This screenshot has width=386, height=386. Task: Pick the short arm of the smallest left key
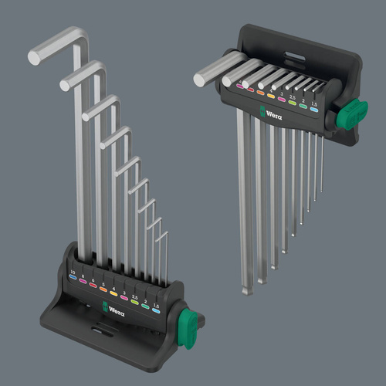160,232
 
